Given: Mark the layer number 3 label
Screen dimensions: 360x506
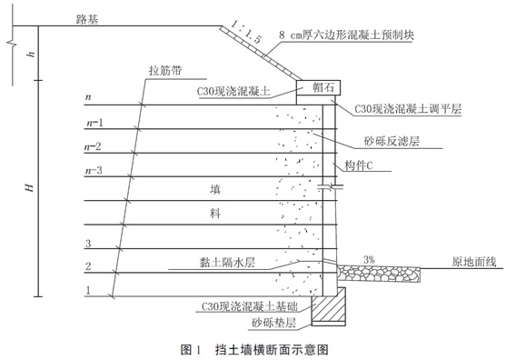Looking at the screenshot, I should pyautogui.click(x=87, y=244).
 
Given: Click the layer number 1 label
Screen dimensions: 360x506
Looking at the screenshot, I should pyautogui.click(x=87, y=290).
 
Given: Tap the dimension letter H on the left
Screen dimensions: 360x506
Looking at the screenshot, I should pyautogui.click(x=29, y=186).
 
